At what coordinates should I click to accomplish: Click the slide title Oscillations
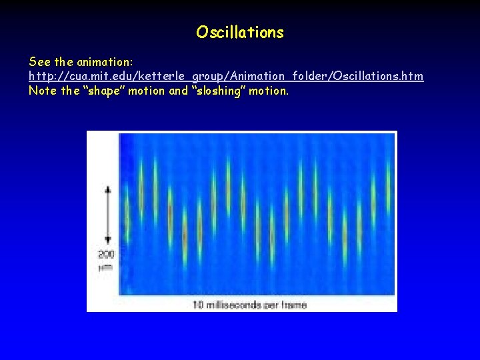(x=240, y=32)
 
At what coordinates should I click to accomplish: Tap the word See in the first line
(x=39, y=61)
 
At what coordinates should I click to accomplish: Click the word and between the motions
(x=178, y=91)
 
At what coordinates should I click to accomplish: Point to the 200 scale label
(x=107, y=255)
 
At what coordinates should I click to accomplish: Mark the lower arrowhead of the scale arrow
(x=108, y=241)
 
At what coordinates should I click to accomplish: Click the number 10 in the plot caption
(x=198, y=305)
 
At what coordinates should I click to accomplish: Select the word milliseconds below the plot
(x=235, y=305)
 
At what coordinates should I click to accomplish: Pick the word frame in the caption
(x=293, y=305)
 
